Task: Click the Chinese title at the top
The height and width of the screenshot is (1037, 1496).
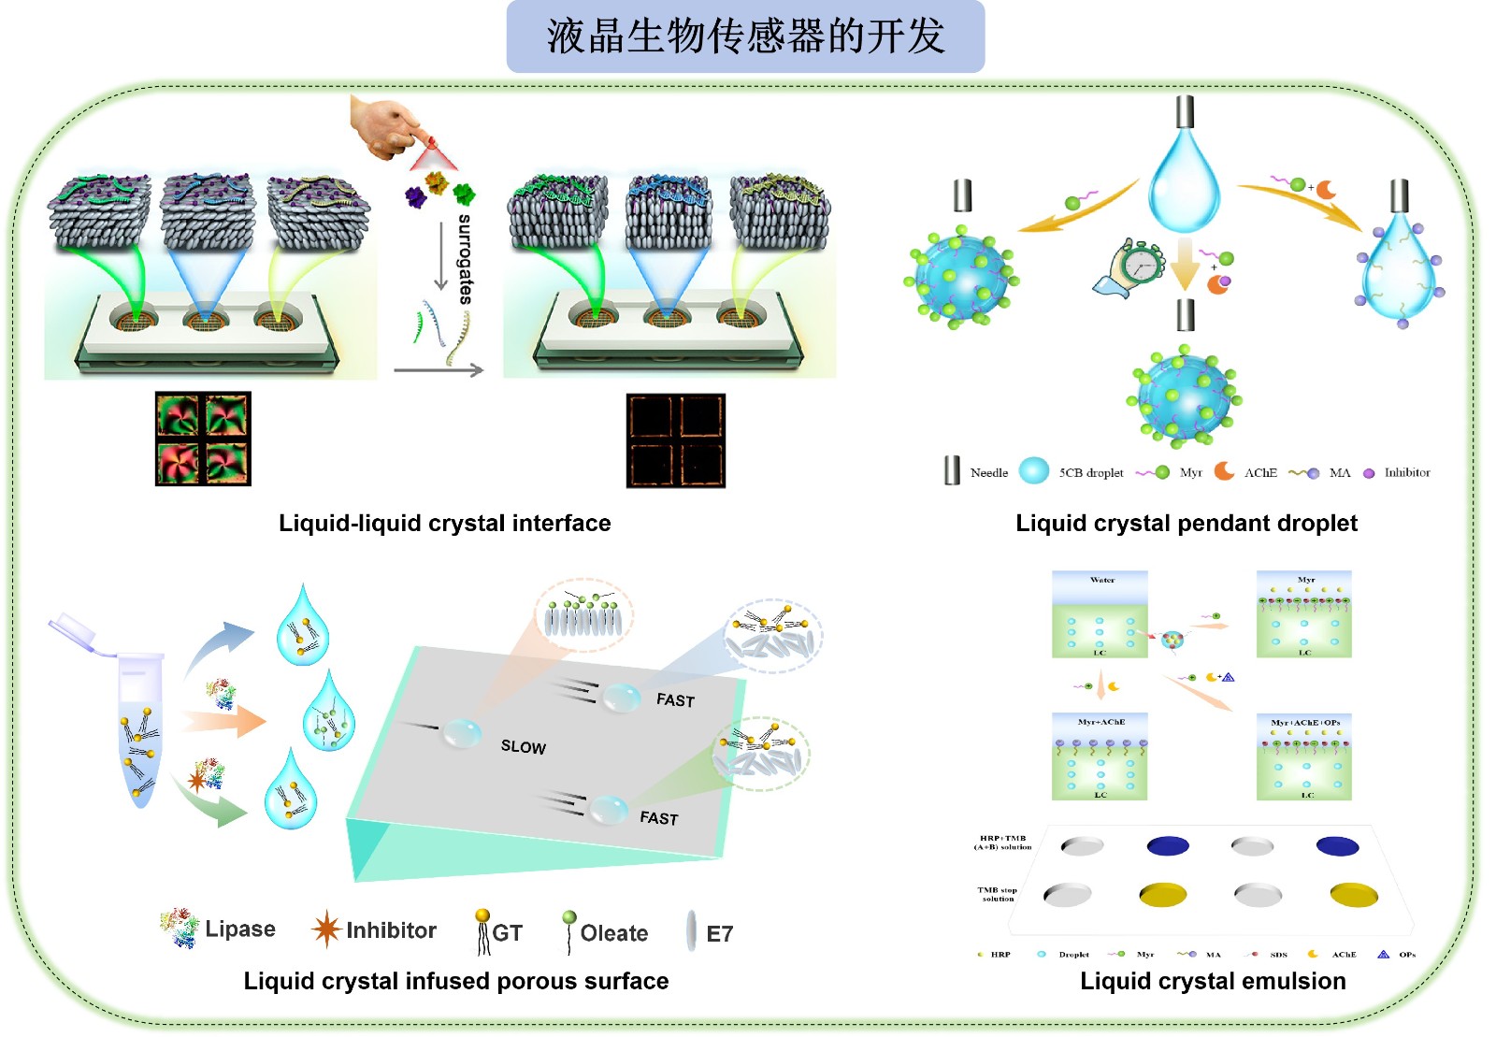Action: point(745,36)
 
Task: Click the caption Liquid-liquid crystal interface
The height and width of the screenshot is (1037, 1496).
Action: point(444,524)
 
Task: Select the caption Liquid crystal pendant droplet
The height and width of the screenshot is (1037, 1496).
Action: point(1186,524)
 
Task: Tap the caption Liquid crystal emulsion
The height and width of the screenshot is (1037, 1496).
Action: point(1213,981)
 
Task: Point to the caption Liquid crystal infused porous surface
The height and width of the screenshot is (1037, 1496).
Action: point(456,981)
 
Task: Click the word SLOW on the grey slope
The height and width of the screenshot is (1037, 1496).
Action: point(523,746)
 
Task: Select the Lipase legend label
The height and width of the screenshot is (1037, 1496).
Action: point(240,929)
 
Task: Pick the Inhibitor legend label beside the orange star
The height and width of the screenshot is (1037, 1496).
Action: point(391,930)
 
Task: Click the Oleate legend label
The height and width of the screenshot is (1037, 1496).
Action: point(613,933)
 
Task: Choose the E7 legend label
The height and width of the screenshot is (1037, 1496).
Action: point(720,933)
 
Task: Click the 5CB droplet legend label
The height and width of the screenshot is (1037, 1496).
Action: point(1091,473)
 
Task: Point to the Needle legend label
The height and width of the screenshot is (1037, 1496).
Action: point(989,473)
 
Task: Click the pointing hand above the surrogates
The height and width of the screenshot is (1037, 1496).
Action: point(386,126)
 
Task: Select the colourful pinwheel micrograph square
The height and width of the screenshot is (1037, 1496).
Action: point(203,439)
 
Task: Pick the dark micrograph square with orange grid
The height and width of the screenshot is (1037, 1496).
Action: point(675,440)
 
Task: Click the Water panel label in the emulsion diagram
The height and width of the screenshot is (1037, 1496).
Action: point(1102,580)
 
